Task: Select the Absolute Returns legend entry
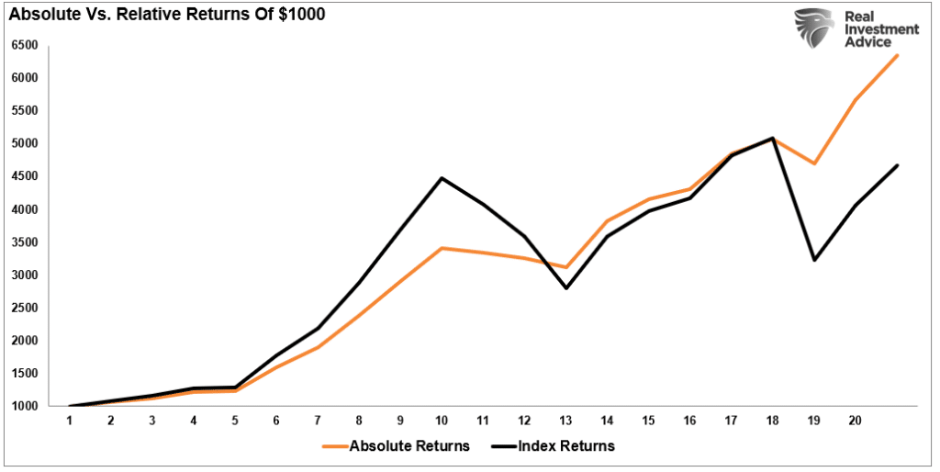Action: pos(396,446)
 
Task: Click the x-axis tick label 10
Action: pos(442,420)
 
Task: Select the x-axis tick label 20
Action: pos(856,420)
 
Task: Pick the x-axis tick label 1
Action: pos(70,420)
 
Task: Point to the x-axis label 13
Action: pos(565,420)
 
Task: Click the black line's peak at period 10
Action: pos(442,178)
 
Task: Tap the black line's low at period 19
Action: pos(813,260)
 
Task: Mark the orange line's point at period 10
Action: pos(442,248)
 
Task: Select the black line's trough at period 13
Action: pos(565,287)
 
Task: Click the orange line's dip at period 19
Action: pos(813,163)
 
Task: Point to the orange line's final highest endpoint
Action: pos(897,55)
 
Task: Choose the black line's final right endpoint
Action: pos(897,165)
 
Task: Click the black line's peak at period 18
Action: pos(773,139)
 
